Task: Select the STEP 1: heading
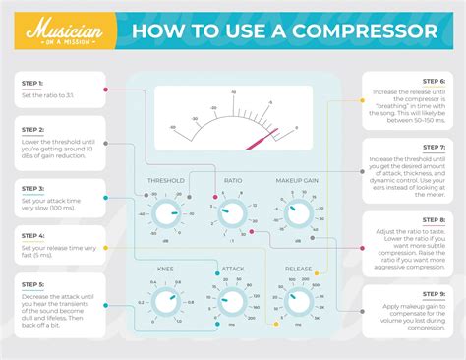click(x=33, y=85)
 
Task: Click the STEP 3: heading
click(x=33, y=188)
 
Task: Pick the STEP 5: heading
click(x=33, y=284)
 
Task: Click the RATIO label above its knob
click(x=233, y=181)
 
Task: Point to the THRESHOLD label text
click(x=166, y=181)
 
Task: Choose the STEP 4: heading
click(x=33, y=236)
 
